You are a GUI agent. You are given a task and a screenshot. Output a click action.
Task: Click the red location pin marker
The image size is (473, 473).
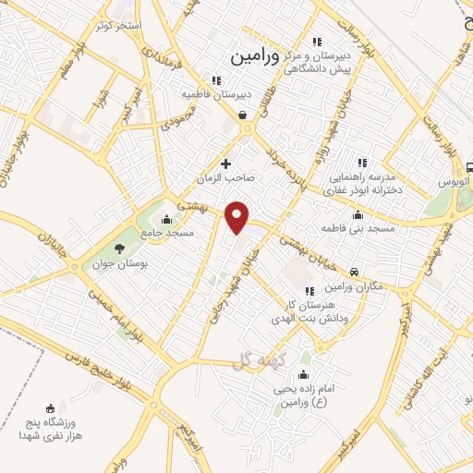[237, 216]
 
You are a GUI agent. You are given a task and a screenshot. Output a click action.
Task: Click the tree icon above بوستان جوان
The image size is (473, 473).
[118, 247]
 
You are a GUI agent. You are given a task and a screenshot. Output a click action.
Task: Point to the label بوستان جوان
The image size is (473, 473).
[118, 262]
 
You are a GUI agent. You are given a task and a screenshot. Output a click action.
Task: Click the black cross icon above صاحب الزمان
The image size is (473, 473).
[225, 164]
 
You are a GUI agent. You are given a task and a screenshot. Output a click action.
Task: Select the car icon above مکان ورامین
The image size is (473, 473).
[355, 273]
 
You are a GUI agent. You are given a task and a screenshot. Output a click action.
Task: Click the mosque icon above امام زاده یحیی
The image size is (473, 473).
[304, 375]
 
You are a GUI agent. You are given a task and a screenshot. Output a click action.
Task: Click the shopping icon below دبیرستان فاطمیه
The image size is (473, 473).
[242, 115]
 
